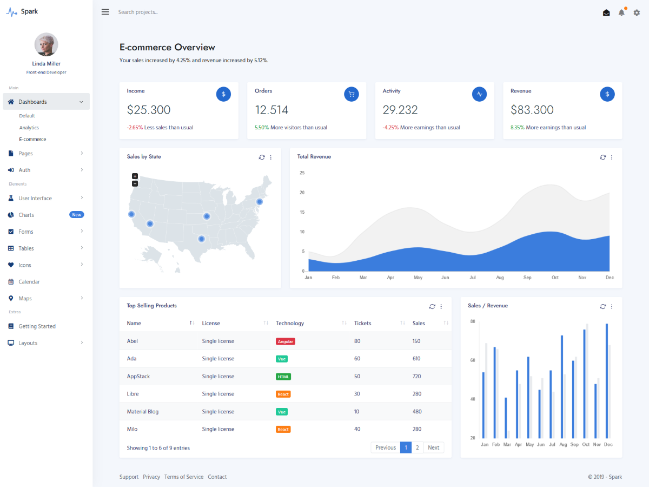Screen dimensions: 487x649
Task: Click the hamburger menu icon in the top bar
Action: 105,12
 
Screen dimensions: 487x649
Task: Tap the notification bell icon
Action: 621,12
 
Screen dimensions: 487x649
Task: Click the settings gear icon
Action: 637,12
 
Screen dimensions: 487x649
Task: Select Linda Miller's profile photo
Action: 46,44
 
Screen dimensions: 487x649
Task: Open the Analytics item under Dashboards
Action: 29,128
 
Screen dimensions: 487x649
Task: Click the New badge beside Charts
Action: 77,215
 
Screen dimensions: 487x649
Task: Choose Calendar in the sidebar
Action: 29,282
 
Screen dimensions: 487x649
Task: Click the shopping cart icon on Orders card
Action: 352,94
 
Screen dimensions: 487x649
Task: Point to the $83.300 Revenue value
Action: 532,110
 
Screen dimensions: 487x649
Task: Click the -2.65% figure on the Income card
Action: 135,128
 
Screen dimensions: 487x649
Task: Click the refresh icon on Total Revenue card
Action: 602,157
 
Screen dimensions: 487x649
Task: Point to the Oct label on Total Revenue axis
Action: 555,278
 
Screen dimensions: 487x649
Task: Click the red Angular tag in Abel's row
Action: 285,341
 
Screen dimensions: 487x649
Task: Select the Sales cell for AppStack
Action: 416,376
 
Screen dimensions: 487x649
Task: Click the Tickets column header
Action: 363,323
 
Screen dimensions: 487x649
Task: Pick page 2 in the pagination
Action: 418,447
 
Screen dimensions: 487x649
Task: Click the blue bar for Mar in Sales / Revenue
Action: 506,418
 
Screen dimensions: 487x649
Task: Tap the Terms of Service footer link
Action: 184,477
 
